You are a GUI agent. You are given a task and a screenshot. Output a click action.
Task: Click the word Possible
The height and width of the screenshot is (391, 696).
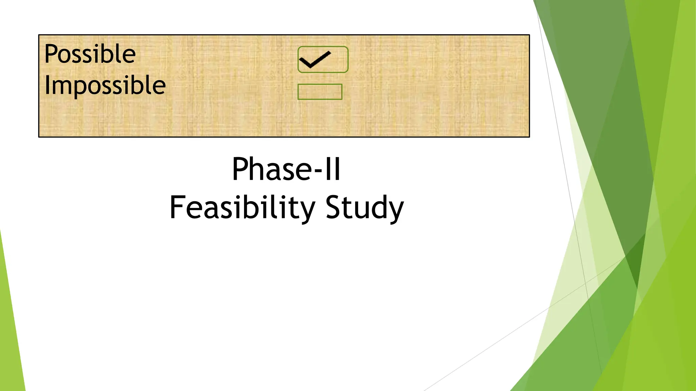pos(90,54)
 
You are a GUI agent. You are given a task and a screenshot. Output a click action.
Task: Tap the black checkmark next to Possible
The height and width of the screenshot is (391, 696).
pos(315,59)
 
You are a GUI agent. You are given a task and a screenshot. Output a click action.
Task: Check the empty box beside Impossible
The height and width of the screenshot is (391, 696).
pos(320,92)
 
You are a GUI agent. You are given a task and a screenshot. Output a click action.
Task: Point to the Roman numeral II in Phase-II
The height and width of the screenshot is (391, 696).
pos(332,169)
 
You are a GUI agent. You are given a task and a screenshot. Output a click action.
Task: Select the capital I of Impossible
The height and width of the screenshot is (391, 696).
pos(47,85)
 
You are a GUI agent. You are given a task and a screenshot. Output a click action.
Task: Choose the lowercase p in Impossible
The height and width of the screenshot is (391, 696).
pos(82,89)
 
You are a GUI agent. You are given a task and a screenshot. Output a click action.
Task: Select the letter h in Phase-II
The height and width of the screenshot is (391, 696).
pos(257,169)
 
